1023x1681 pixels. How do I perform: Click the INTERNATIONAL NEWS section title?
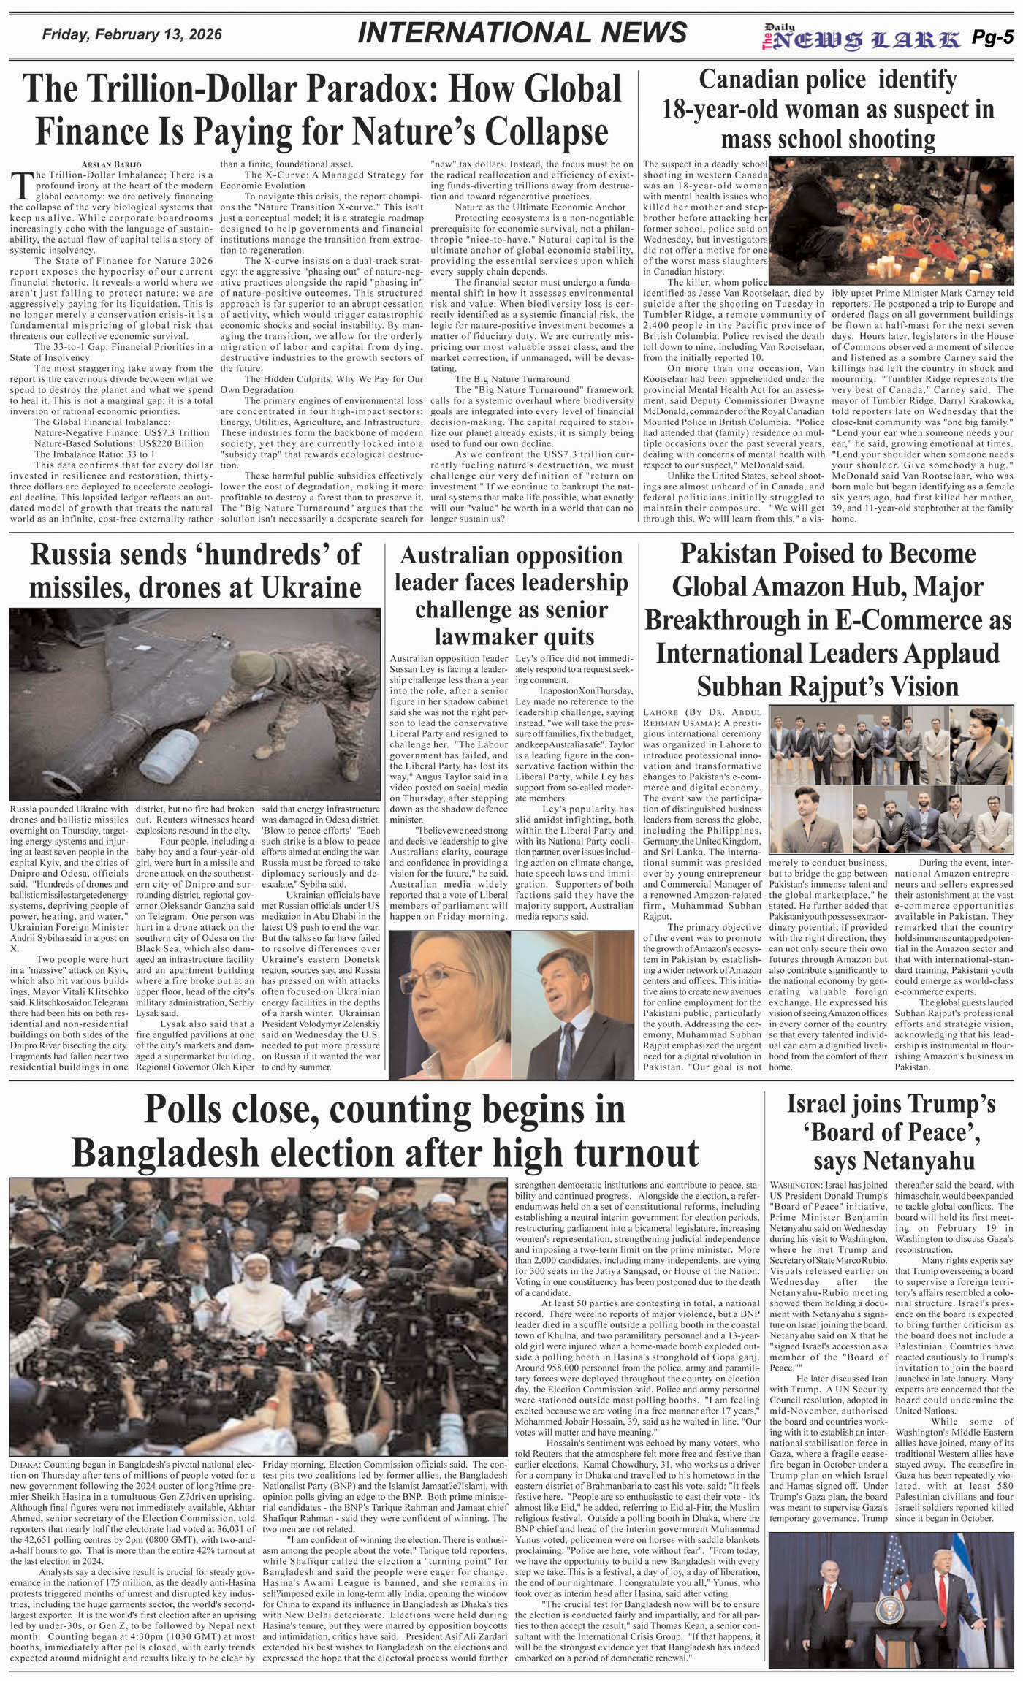523,33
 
